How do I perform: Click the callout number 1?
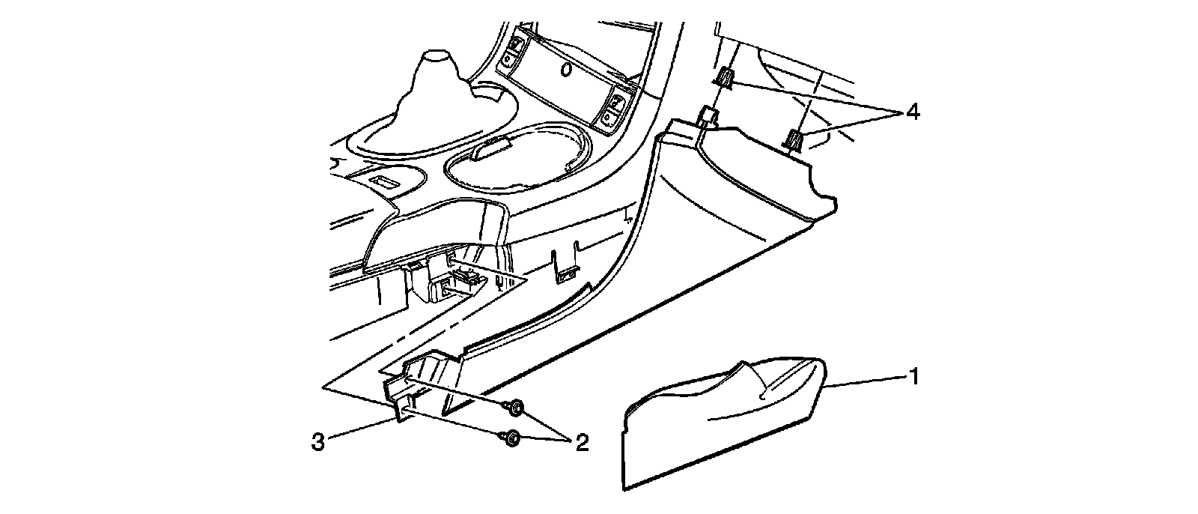coord(913,375)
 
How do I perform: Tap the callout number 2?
coord(581,443)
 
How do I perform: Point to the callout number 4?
coord(911,112)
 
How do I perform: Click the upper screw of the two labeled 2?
coord(514,408)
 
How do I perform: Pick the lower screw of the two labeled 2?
coord(510,438)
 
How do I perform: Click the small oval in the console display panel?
coord(567,70)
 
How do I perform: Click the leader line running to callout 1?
coord(865,381)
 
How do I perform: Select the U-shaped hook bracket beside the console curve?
coord(566,266)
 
